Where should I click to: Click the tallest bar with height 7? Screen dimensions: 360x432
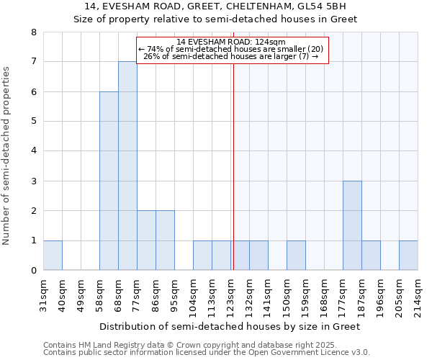pos(127,166)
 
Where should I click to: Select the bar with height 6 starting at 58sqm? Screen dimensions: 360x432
pos(109,181)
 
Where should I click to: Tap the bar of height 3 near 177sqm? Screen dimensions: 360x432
pos(352,225)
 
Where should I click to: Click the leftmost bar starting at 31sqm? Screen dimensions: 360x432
pos(53,255)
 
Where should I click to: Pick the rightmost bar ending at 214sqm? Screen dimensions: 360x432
pos(408,255)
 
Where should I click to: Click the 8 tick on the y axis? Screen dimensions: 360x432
pos(33,32)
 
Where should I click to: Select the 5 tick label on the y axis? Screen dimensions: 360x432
pos(33,122)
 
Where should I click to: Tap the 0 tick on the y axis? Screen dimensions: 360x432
pos(33,271)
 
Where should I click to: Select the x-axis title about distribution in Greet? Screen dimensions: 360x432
pos(229,326)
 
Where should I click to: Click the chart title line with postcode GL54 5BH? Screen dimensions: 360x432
pos(216,6)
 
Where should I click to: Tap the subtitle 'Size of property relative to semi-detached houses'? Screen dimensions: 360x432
pos(216,19)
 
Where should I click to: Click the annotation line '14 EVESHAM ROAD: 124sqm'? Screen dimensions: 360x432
pos(231,42)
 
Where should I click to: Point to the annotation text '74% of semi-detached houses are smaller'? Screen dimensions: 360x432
pos(231,49)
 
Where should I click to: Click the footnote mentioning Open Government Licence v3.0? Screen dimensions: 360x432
pos(207,353)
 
